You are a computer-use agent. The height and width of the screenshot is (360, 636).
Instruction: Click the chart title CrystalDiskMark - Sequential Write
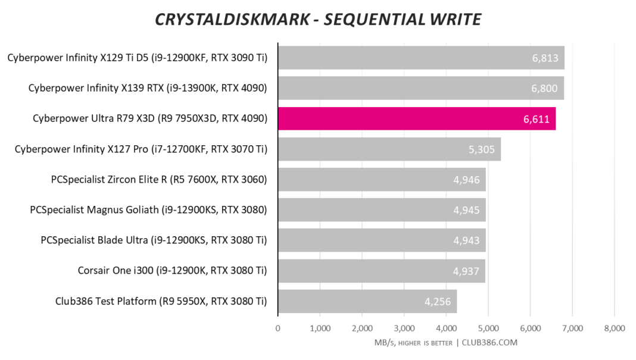[x=317, y=20]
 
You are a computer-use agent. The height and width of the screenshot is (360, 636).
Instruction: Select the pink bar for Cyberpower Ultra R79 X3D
[x=417, y=118]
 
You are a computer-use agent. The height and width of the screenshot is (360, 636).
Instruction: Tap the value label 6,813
[x=545, y=58]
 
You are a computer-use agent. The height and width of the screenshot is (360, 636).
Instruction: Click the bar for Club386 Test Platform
[x=367, y=301]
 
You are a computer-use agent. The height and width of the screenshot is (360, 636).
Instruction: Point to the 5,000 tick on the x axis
[x=488, y=328]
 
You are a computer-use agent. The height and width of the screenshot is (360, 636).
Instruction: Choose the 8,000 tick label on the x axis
[x=614, y=328]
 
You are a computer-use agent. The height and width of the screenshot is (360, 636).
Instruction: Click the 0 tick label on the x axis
[x=278, y=328]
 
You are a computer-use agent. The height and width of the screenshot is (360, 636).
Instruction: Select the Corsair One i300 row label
[x=172, y=271]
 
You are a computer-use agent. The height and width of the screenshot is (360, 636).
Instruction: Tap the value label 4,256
[x=438, y=302]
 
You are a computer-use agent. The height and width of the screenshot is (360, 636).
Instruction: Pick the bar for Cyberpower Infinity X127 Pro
[x=389, y=149]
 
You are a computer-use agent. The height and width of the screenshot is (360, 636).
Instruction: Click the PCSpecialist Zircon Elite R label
[x=160, y=179]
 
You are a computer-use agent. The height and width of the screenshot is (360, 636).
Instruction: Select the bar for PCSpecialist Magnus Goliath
[x=382, y=209]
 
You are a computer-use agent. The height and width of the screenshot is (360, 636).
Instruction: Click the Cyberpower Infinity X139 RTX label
[x=148, y=88]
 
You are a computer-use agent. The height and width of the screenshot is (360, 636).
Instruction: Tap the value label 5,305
[x=482, y=149]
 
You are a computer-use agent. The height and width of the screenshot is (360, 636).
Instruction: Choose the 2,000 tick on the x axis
[x=362, y=328]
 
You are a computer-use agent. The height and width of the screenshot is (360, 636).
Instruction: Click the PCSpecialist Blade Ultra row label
[x=154, y=240]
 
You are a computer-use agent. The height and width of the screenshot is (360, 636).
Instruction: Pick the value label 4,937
[x=466, y=271]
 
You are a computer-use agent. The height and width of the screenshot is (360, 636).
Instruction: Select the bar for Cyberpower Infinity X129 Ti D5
[x=421, y=58]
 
